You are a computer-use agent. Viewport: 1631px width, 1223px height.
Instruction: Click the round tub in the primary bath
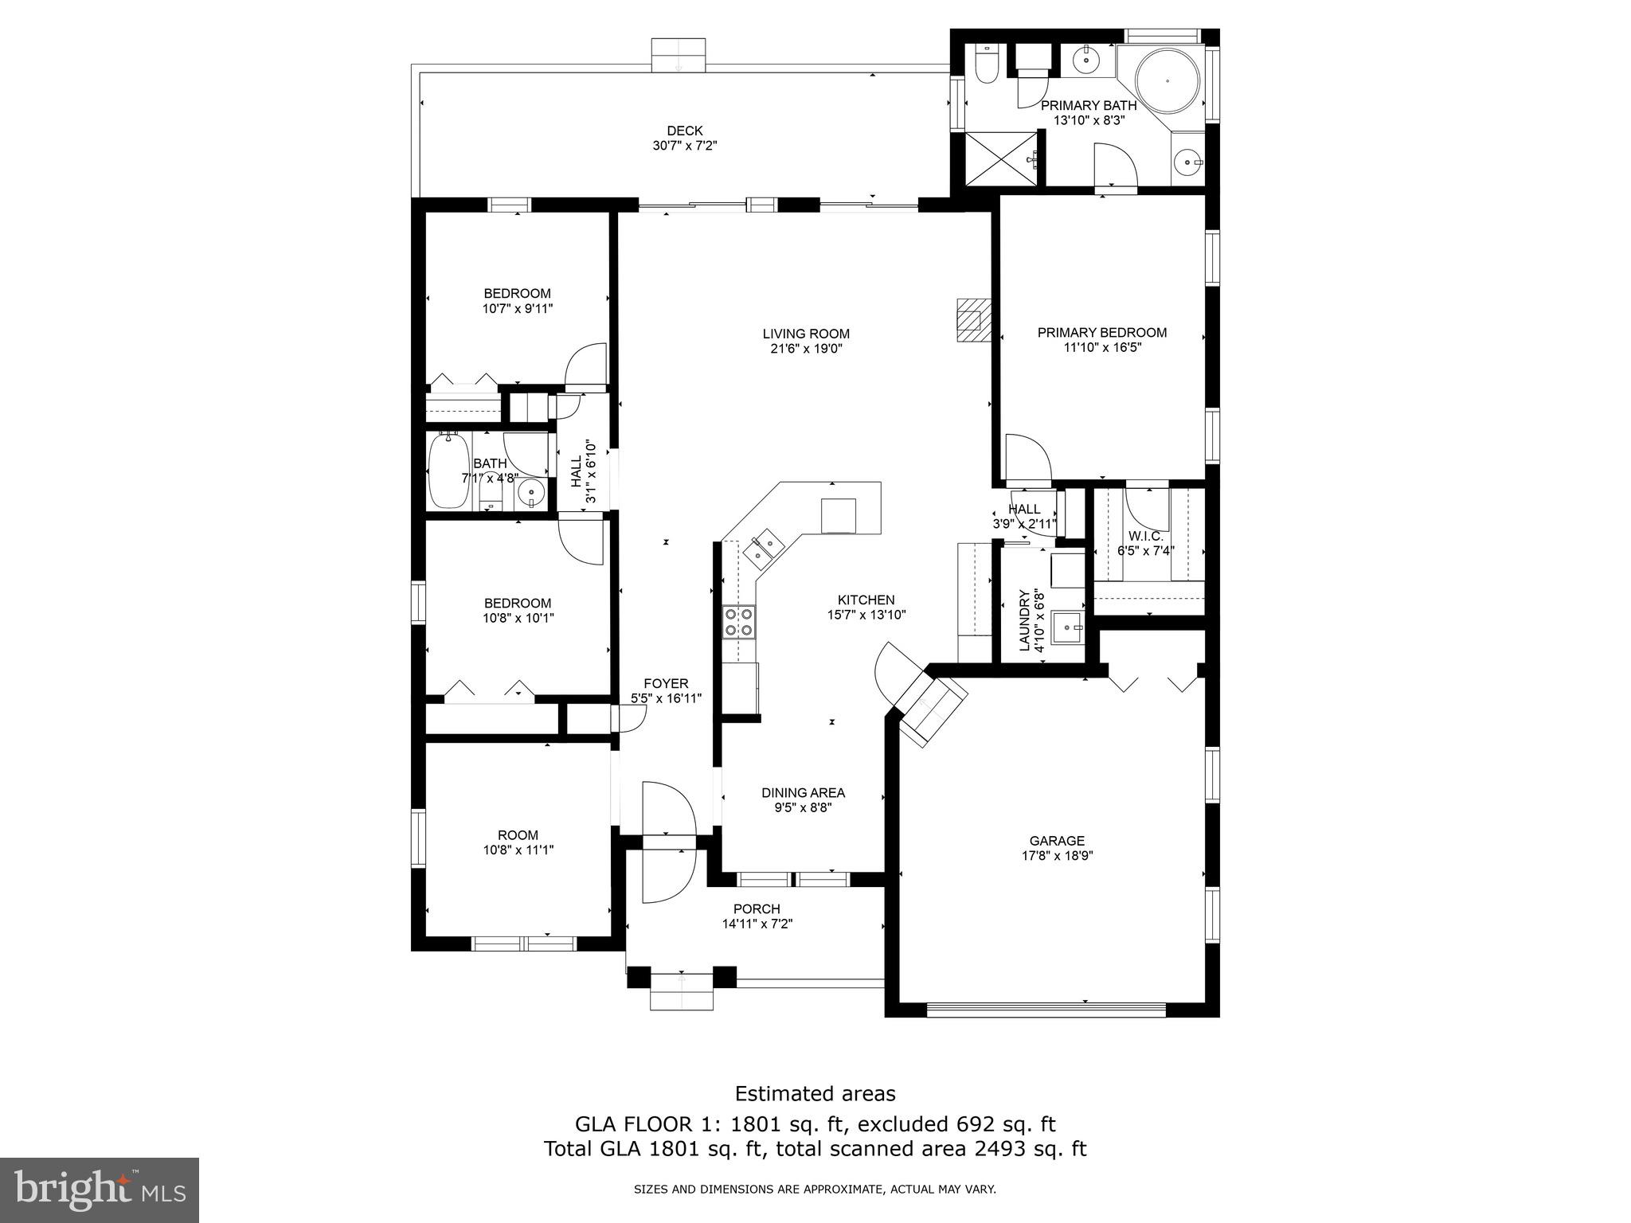1167,80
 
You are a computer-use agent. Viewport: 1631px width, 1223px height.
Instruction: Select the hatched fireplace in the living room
972,319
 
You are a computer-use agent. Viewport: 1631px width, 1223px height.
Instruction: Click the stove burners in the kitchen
738,622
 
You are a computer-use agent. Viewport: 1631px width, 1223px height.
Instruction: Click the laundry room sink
1066,628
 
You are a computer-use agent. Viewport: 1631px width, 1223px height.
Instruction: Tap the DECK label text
685,131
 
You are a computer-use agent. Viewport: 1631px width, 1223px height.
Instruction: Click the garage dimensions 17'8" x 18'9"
1057,855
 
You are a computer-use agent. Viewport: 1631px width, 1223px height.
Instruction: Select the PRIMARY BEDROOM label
1101,333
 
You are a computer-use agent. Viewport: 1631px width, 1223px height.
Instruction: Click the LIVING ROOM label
806,334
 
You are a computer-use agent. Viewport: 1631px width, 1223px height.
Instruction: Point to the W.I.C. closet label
1145,536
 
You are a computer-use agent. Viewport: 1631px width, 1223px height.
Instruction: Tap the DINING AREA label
803,792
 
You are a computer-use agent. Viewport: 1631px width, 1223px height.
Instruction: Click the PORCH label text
757,908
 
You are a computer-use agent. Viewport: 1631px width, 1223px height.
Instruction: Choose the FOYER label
666,683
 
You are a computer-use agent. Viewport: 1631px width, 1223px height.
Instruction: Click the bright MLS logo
100,1190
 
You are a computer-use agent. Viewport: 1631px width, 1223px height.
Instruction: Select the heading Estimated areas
815,1093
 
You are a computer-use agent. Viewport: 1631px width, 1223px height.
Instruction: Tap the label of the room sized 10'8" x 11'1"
518,835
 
